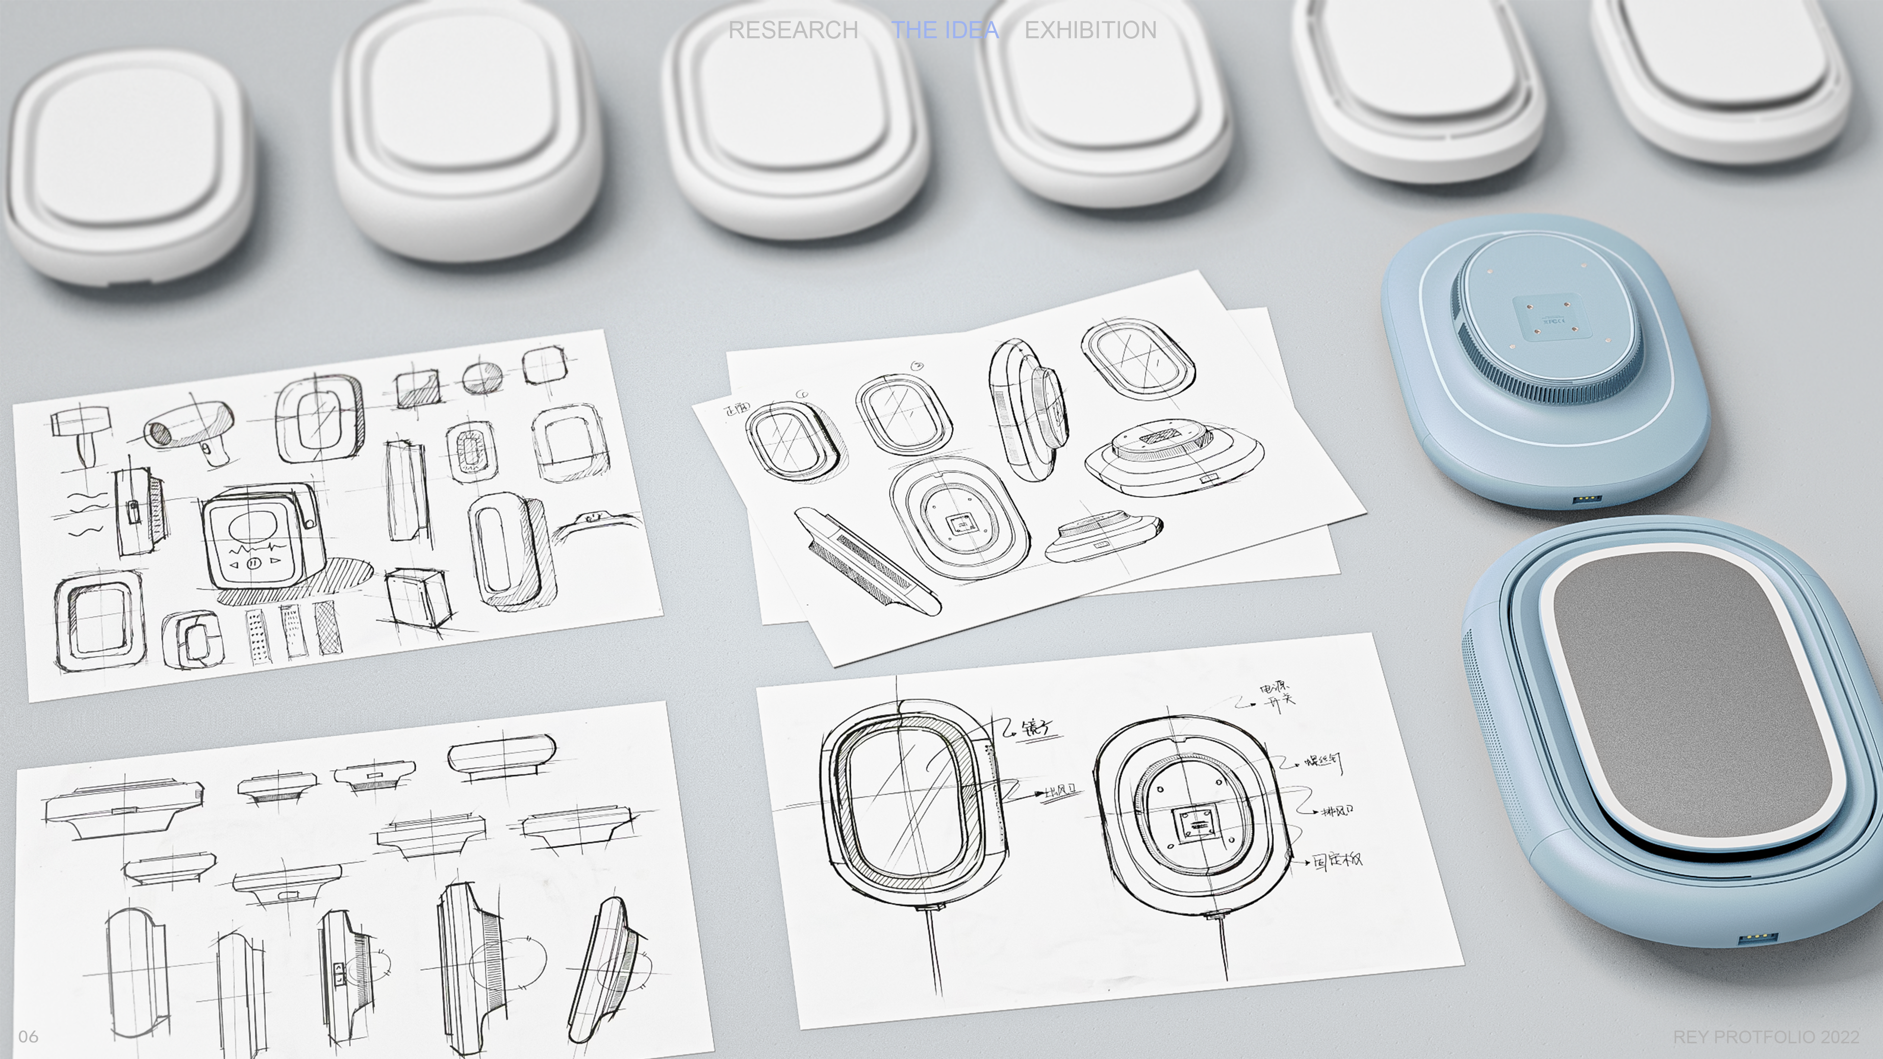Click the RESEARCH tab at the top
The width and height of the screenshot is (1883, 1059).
(793, 30)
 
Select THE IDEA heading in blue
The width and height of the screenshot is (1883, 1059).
(944, 30)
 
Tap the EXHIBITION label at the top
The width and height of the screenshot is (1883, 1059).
(1090, 30)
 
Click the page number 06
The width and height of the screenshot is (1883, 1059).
(28, 1036)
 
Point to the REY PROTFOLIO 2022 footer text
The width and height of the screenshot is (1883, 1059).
(1765, 1037)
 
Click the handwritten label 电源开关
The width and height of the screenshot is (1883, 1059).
(1275, 694)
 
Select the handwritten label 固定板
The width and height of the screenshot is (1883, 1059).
(1338, 861)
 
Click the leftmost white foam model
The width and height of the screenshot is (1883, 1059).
(128, 164)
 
